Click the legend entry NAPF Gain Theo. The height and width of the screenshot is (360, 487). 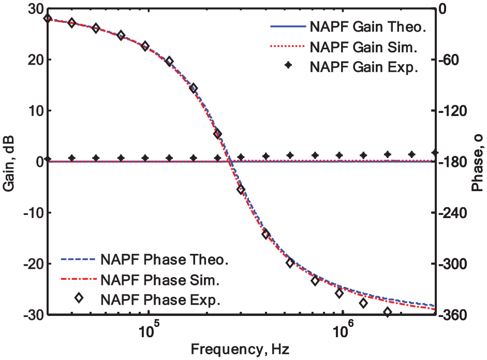[348, 27]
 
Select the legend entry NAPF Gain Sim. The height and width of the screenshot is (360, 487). [344, 47]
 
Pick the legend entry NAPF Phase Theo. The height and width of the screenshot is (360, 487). [145, 260]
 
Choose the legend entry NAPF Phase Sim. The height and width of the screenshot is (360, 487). [140, 280]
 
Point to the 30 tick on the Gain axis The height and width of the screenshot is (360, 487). [35, 9]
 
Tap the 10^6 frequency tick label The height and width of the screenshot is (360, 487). [342, 330]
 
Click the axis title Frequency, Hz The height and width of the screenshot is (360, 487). [240, 350]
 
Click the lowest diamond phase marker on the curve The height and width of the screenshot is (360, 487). [387, 312]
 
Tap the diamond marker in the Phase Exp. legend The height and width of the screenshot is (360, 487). [79, 298]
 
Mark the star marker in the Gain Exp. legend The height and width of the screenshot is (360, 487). [289, 65]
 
